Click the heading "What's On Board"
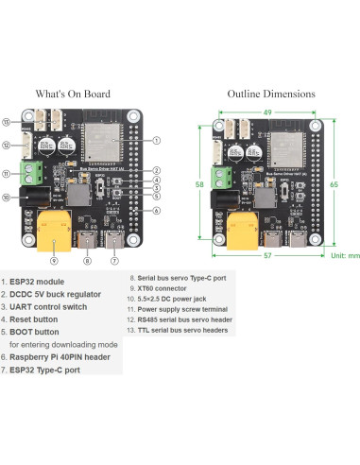point(72,95)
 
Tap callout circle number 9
point(54,260)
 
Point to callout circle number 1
point(155,139)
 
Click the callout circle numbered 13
point(8,123)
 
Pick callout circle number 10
point(8,198)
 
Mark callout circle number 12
point(8,145)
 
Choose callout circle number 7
point(114,260)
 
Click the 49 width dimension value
point(267,112)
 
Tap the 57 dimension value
point(267,255)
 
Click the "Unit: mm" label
point(343,255)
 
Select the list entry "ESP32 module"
point(38,282)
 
